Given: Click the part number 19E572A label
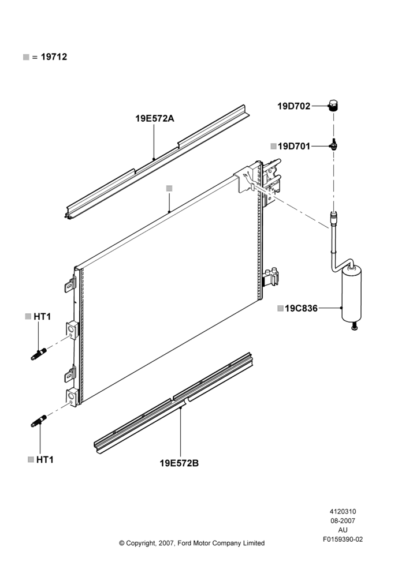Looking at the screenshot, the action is pos(154,118).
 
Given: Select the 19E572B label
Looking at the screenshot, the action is pos(179,463).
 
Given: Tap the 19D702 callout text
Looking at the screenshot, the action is pos(293,106).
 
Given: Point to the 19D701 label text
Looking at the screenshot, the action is pos(294,147).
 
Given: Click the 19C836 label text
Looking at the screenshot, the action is pos(301,308).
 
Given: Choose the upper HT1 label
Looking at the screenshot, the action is pos(42,316).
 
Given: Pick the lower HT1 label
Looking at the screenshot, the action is pos(45,460).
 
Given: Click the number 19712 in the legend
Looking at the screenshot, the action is pos(54,57).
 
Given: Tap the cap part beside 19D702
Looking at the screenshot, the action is pos(333,106).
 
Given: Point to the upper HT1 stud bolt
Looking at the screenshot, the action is pos(39,354).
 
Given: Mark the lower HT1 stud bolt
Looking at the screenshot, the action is pos(39,421).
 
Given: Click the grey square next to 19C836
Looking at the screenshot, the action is pos(280,308).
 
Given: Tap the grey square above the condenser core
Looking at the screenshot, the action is pos(169,189).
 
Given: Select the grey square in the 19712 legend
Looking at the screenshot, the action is pos(26,57).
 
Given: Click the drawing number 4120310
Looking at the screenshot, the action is pos(343,511).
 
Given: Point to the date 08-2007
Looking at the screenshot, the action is pos(343,520).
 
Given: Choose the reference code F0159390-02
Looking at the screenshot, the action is pos(343,539).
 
